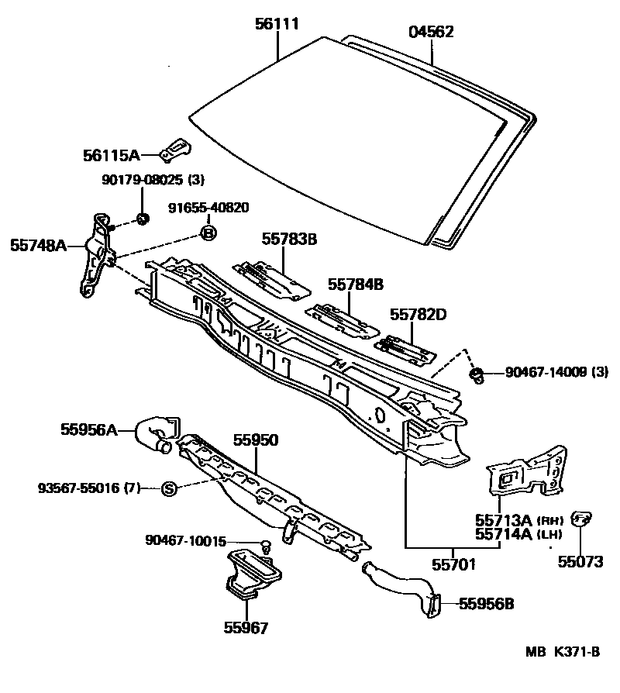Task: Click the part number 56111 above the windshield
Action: (277, 25)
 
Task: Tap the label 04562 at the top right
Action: (430, 32)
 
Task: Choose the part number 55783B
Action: (289, 240)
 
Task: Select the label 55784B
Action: (355, 284)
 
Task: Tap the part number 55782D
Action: (418, 314)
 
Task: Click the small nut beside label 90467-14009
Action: (477, 376)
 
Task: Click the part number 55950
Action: (256, 440)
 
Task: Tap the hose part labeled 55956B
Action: (403, 589)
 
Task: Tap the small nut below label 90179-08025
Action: (143, 218)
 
